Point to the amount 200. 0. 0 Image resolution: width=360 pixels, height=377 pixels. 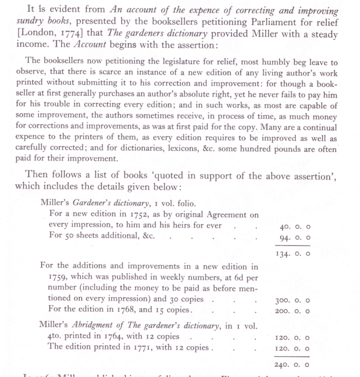click(x=295, y=309)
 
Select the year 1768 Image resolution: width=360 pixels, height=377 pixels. click(x=130, y=309)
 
